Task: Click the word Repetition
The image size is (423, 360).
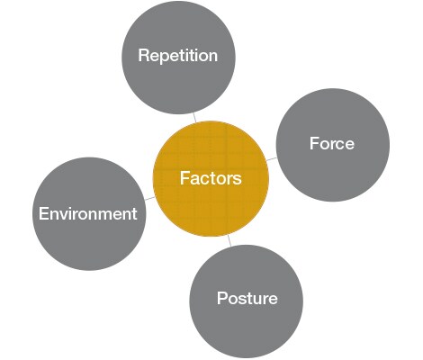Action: (178, 56)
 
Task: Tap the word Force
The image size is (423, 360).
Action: (332, 143)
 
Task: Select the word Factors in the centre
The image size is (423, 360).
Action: (211, 178)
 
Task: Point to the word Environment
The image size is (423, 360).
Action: (88, 213)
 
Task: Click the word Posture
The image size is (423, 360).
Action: (247, 298)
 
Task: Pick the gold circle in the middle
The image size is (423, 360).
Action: (211, 178)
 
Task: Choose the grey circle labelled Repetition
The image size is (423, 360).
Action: (178, 57)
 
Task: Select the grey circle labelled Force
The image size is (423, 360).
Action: (333, 145)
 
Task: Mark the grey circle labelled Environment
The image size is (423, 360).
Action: (89, 213)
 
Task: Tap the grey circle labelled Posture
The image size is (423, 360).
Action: (247, 301)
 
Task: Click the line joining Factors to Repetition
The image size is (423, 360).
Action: (195, 118)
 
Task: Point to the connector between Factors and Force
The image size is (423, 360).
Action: (272, 158)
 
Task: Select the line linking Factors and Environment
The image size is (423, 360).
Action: (149, 198)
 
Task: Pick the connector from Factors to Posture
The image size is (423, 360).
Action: (229, 240)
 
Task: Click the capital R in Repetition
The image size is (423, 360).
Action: (144, 55)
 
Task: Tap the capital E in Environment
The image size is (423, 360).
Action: (43, 213)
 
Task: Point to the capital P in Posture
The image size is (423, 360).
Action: (222, 298)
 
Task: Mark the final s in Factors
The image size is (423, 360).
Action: (237, 180)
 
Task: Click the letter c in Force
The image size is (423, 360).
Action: (339, 145)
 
